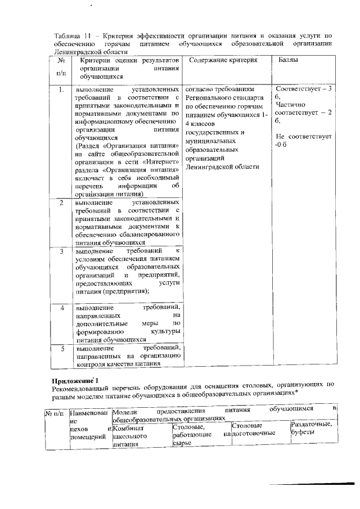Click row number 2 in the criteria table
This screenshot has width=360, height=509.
(x=61, y=202)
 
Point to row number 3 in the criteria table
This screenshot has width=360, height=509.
(x=61, y=250)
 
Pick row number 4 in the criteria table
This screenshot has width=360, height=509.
(x=61, y=308)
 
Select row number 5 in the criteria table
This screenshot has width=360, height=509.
(x=61, y=349)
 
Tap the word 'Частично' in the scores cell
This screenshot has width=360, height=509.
(x=291, y=105)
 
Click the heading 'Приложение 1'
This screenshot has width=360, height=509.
(x=75, y=381)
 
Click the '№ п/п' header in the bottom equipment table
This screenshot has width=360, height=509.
(x=55, y=415)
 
